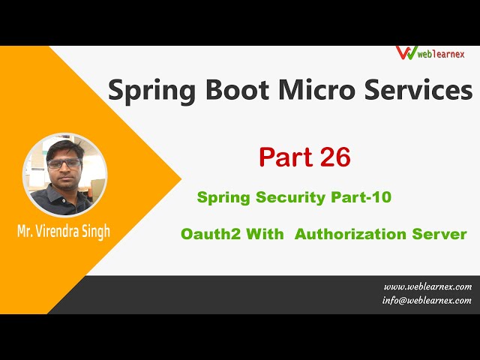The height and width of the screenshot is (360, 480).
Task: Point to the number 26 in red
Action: click(332, 157)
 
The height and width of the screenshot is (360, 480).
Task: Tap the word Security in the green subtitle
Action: click(291, 197)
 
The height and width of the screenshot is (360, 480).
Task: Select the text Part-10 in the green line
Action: click(361, 197)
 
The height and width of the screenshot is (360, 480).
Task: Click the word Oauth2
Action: click(206, 234)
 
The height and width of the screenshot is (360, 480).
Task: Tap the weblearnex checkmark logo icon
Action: click(406, 53)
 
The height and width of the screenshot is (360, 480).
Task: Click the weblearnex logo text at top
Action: click(442, 55)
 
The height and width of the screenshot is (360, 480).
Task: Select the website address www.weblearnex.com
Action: click(427, 286)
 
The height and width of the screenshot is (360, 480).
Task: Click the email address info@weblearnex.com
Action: click(427, 300)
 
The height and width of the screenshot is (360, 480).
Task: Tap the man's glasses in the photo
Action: click(64, 163)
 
